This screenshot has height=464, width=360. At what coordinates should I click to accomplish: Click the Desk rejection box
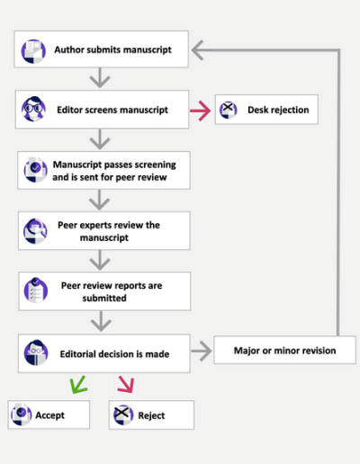coord(266,110)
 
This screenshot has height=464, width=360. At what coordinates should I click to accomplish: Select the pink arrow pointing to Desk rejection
coord(200,111)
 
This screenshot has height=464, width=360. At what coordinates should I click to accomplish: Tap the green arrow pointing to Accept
coord(78,385)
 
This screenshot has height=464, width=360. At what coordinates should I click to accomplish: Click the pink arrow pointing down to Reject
coord(126,384)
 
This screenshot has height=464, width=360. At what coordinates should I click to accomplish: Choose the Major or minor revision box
coord(284,350)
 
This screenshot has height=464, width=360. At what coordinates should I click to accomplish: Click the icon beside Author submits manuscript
coord(33,51)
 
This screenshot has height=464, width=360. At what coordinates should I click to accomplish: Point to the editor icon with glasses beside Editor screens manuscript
coord(33,109)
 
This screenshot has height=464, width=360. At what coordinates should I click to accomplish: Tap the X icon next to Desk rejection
coord(229,110)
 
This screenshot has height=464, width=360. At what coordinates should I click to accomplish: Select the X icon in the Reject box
coord(123,415)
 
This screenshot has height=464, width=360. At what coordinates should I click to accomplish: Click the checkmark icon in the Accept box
coord(21,415)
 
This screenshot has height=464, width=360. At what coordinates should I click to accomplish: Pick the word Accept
coord(49,415)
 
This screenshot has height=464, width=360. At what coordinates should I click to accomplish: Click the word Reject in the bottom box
coord(151,415)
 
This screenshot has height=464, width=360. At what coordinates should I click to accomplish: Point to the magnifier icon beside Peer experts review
coord(35,231)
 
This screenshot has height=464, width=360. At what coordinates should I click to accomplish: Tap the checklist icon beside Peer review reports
coord(36,290)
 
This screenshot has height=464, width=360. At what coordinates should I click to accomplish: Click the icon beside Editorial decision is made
coord(36,352)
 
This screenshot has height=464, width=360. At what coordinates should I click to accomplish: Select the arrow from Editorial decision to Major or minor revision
coord(202,351)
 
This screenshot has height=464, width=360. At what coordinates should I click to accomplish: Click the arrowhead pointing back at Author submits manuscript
coord(197,50)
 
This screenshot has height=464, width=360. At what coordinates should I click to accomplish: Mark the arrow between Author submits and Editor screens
coord(100,77)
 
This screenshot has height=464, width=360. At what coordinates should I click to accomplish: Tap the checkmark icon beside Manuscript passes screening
coord(35,169)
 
